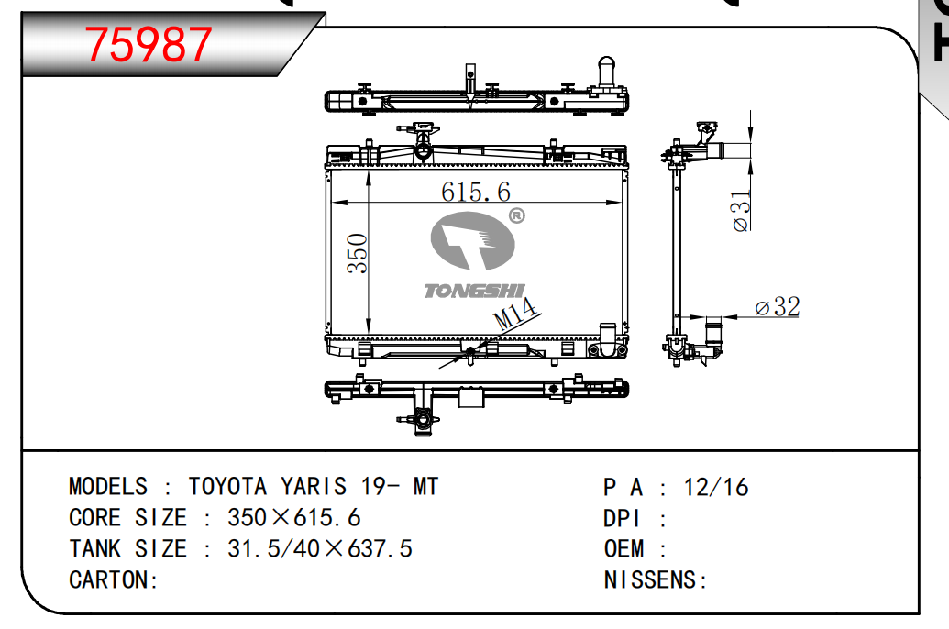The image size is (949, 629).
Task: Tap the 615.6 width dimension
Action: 475,192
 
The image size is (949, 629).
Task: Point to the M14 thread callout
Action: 514,316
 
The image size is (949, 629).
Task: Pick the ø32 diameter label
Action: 777,307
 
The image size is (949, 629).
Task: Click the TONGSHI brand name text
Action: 473,291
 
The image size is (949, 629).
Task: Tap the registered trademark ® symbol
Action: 516,216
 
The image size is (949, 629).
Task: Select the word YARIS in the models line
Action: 313,486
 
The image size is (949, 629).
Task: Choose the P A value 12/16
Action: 716,486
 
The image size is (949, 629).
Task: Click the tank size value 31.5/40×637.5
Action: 320,548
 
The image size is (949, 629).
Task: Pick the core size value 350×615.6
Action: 294,517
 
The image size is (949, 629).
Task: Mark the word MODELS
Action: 107,486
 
